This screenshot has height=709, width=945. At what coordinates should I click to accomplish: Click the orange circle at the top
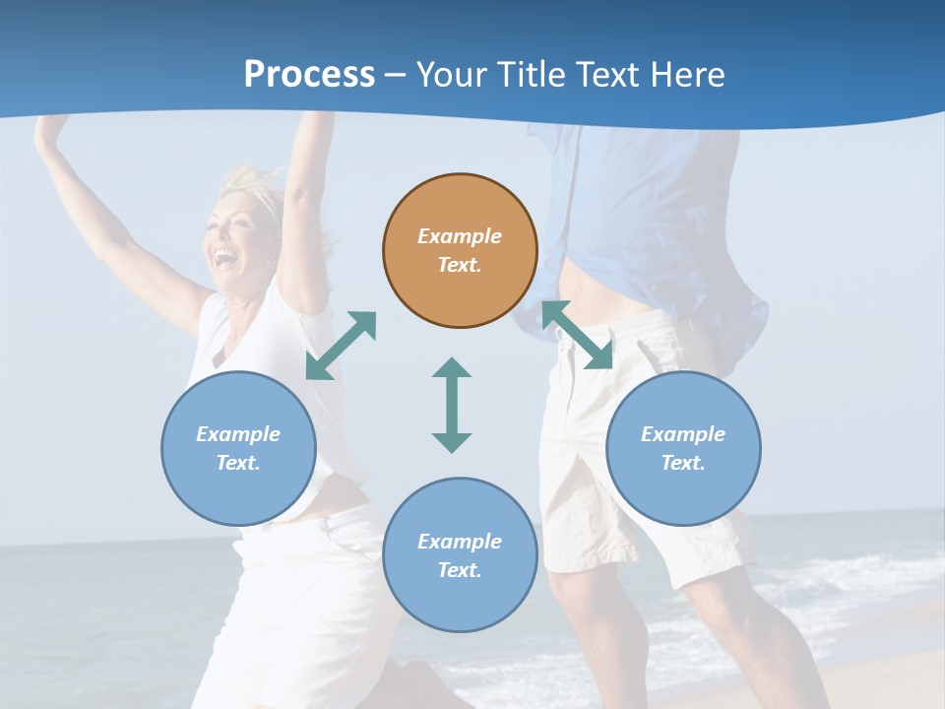click(x=460, y=250)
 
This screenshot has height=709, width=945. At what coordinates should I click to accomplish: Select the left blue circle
click(x=238, y=448)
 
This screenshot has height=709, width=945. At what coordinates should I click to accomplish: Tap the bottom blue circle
click(x=460, y=555)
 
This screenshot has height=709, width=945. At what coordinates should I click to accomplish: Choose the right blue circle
click(x=683, y=448)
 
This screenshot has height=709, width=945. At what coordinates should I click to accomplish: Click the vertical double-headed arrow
click(x=452, y=405)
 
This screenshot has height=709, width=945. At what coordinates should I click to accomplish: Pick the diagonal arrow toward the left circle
click(x=342, y=345)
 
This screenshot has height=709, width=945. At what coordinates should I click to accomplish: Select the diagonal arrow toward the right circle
click(x=577, y=335)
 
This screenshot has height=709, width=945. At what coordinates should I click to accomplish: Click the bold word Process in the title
click(x=309, y=74)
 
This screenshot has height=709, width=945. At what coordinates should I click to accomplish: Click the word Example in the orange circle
click(x=460, y=236)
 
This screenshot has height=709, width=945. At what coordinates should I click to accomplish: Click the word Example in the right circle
click(x=683, y=434)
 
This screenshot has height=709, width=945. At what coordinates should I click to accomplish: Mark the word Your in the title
click(x=453, y=74)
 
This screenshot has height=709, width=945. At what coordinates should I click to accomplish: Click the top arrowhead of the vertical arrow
click(x=452, y=369)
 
